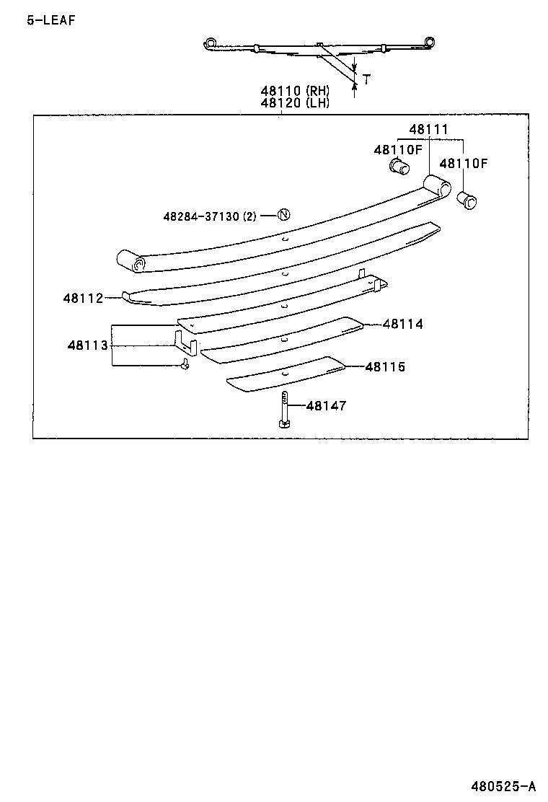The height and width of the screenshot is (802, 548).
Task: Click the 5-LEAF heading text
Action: coord(50,20)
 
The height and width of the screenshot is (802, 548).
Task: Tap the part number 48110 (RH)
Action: coord(295,91)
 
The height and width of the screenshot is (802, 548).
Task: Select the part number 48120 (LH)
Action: coord(295,102)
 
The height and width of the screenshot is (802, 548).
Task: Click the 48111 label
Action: coord(429,130)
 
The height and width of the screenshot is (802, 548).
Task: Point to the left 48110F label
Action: coord(397,150)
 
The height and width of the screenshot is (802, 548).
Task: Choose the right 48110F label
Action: coord(464,164)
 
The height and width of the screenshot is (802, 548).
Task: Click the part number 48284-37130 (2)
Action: coord(210,216)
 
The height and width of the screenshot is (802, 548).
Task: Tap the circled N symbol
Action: coord(283,214)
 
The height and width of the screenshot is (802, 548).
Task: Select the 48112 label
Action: coord(83,298)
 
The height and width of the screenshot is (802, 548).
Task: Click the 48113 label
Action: coord(88,345)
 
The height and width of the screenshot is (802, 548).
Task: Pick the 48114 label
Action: coord(403,325)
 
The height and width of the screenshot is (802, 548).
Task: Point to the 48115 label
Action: coord(385,367)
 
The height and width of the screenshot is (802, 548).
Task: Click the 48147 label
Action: coord(327,406)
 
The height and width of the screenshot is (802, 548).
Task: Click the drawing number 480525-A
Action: coord(504,785)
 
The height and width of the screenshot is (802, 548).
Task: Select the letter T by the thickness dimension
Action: coord(366,79)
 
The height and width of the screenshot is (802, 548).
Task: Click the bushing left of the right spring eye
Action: coord(398,168)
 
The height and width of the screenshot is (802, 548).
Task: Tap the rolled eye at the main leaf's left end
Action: coord(133,262)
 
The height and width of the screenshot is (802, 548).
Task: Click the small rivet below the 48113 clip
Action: coord(185,364)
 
